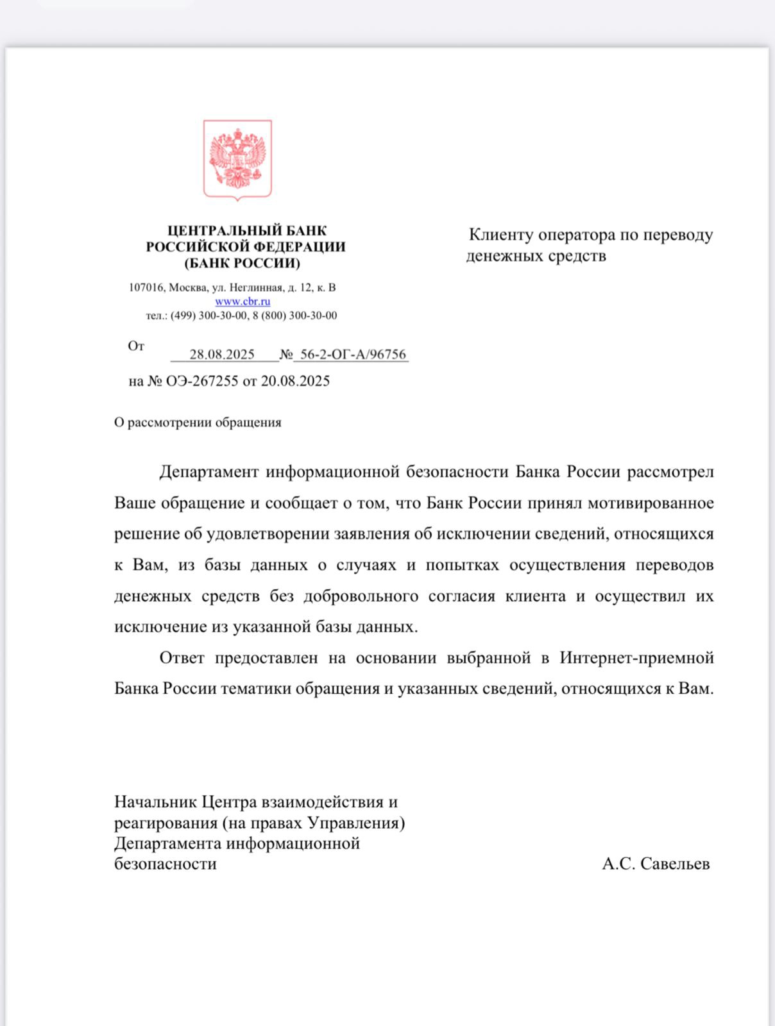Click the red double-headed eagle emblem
(x=237, y=160)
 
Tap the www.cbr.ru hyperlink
(x=243, y=301)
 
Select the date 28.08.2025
(x=222, y=355)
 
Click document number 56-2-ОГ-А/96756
(x=353, y=355)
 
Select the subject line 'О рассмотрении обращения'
(x=198, y=423)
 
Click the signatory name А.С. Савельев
(x=656, y=864)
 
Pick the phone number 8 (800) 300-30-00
(x=299, y=315)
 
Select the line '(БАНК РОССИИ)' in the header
(x=243, y=264)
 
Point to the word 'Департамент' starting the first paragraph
(x=209, y=473)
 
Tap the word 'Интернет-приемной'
(x=636, y=658)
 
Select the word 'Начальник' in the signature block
(x=156, y=802)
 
